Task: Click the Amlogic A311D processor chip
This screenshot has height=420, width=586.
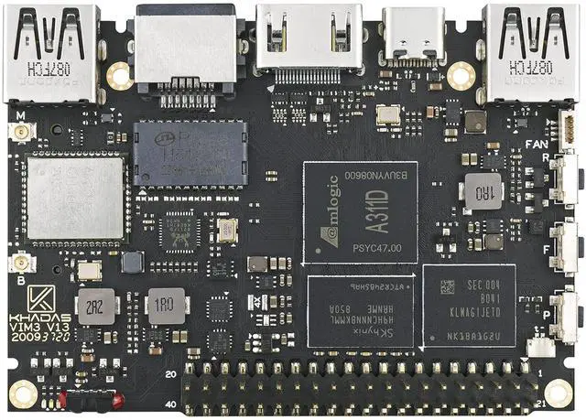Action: click(359, 212)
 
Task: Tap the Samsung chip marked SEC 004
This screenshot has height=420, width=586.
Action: click(468, 307)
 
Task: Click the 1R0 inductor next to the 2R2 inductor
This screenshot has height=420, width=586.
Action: click(166, 306)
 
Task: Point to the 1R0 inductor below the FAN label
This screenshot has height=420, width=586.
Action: click(482, 193)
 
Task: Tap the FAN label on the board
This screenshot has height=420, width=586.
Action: click(537, 143)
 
